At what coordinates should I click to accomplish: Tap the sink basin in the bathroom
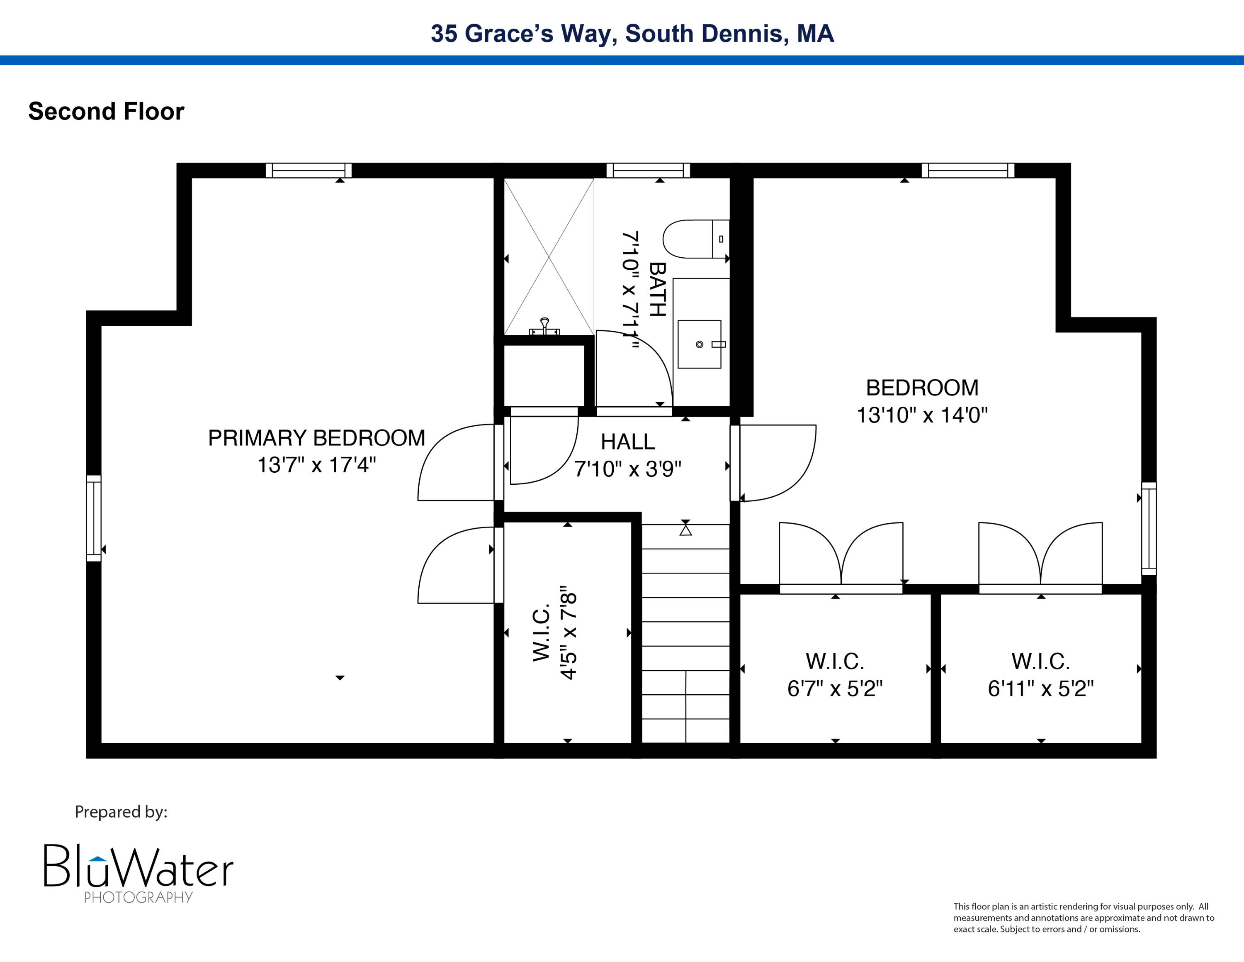pyautogui.click(x=699, y=344)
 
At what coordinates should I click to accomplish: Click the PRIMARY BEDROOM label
pyautogui.click(x=317, y=438)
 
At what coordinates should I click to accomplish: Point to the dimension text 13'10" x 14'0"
pyautogui.click(x=922, y=415)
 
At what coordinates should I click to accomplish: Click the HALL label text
pyautogui.click(x=628, y=442)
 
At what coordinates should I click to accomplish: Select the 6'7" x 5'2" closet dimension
pyautogui.click(x=835, y=689)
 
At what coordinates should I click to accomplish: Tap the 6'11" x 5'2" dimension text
pyautogui.click(x=1041, y=689)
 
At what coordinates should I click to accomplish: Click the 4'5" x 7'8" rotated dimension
pyautogui.click(x=569, y=632)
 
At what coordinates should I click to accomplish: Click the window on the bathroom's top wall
pyautogui.click(x=648, y=171)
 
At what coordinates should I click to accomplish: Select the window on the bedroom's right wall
pyautogui.click(x=1149, y=528)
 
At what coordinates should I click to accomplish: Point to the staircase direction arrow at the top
pyautogui.click(x=686, y=530)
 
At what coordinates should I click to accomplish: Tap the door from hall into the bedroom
pyautogui.click(x=777, y=463)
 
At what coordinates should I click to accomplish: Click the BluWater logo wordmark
pyautogui.click(x=138, y=867)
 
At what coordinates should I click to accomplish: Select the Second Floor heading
pyautogui.click(x=107, y=111)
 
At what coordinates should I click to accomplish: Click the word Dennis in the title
pyautogui.click(x=744, y=34)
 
